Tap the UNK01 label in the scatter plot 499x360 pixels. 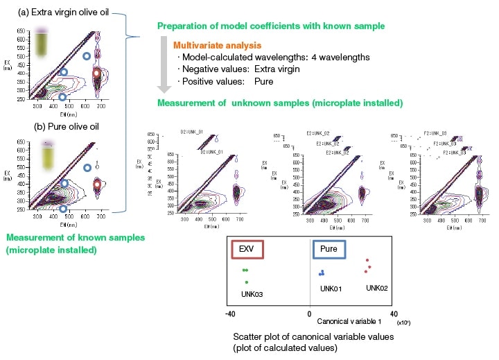point(333,288)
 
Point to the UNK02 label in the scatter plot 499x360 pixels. point(379,287)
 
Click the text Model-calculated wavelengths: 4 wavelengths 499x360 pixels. point(263,57)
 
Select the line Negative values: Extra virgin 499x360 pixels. point(238,69)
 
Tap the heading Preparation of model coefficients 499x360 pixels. point(271,26)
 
